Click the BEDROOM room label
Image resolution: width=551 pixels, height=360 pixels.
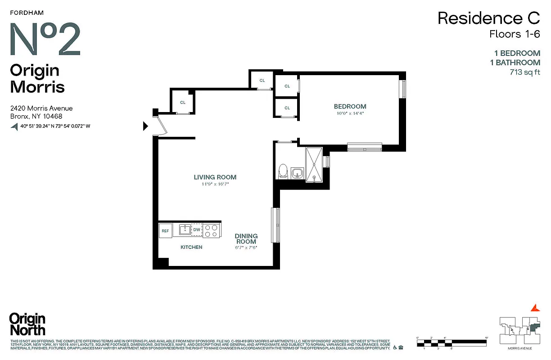[350, 107]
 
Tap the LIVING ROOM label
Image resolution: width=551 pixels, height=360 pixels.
[215, 177]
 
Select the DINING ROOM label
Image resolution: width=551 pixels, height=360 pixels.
[246, 238]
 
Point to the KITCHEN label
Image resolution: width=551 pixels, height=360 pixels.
[191, 247]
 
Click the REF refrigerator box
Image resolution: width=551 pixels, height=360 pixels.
[165, 231]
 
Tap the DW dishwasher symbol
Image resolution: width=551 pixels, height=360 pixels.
[197, 230]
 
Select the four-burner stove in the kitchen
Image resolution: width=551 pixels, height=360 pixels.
[212, 230]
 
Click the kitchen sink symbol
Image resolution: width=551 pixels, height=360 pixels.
[185, 230]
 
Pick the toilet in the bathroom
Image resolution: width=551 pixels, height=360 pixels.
[283, 171]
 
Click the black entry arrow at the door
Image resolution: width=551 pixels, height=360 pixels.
[145, 126]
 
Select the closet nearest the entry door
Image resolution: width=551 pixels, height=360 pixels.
[183, 102]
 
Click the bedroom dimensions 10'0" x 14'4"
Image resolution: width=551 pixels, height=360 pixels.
[350, 113]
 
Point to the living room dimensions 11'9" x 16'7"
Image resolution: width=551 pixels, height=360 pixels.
[215, 184]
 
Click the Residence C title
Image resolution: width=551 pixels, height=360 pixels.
[488, 18]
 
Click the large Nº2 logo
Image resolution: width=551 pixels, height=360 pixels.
[45, 39]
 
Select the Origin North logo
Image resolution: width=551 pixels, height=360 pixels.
[27, 324]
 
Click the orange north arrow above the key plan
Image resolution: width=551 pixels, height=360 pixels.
[535, 308]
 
